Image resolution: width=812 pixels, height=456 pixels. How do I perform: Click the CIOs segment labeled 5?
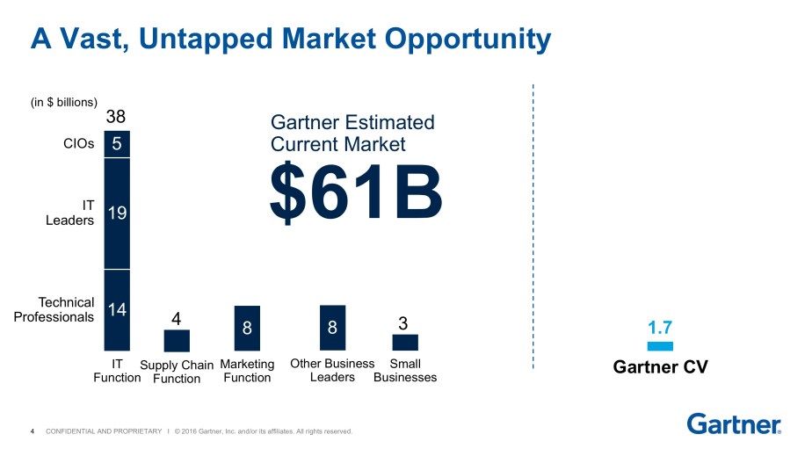click(x=117, y=143)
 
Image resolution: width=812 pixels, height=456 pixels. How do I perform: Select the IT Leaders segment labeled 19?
click(x=117, y=213)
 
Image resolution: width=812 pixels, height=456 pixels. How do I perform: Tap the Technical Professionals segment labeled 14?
click(x=117, y=309)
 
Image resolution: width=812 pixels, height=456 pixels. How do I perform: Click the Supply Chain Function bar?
click(x=177, y=341)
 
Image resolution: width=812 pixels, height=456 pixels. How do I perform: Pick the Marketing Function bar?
click(x=247, y=328)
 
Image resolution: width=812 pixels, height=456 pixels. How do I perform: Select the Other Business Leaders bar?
click(x=332, y=327)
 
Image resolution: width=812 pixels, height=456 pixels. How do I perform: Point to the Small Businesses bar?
click(x=405, y=343)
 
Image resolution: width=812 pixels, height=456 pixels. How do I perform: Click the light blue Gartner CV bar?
click(x=659, y=346)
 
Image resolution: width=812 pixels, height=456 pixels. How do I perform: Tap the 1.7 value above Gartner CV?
click(x=660, y=329)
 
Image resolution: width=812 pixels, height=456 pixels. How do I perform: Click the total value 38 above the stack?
click(x=116, y=117)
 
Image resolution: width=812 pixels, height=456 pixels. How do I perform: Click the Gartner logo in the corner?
click(x=734, y=423)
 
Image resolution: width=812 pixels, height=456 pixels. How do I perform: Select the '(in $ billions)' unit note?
click(x=63, y=102)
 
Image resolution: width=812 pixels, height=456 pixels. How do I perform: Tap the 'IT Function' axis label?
click(x=117, y=370)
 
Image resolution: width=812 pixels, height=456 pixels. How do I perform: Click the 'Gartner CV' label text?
click(x=660, y=367)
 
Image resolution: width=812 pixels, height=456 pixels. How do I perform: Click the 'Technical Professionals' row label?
click(x=54, y=309)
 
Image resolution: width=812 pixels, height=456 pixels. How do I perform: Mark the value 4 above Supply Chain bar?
click(x=176, y=320)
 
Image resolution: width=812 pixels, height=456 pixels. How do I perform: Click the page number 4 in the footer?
click(x=33, y=431)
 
